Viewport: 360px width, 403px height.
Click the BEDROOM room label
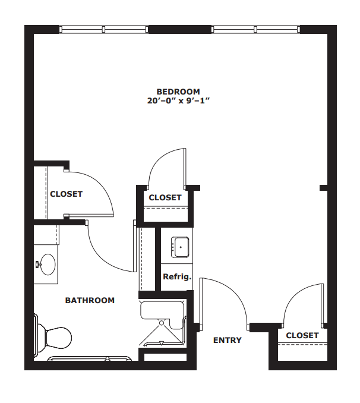pyautogui.click(x=178, y=92)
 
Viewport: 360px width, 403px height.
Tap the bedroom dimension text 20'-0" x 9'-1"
pyautogui.click(x=178, y=100)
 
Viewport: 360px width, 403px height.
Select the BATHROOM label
pyautogui.click(x=90, y=300)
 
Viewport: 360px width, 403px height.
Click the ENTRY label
pyautogui.click(x=228, y=340)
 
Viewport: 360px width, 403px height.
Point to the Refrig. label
pyautogui.click(x=177, y=277)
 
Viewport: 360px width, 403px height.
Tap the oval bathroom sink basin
pyautogui.click(x=48, y=265)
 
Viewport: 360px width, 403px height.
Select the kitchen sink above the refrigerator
pyautogui.click(x=180, y=247)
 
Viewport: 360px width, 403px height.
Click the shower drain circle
pyautogui.click(x=162, y=323)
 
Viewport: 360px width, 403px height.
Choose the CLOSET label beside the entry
pyautogui.click(x=302, y=335)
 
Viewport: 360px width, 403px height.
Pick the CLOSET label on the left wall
pyautogui.click(x=67, y=194)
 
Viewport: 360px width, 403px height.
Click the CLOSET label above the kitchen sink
pyautogui.click(x=165, y=197)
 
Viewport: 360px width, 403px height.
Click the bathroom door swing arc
pyautogui.click(x=103, y=257)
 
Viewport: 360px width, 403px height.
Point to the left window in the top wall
pyautogui.click(x=103, y=29)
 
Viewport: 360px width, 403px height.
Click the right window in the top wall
pyautogui.click(x=255, y=29)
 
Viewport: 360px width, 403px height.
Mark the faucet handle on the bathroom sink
pyautogui.click(x=38, y=265)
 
